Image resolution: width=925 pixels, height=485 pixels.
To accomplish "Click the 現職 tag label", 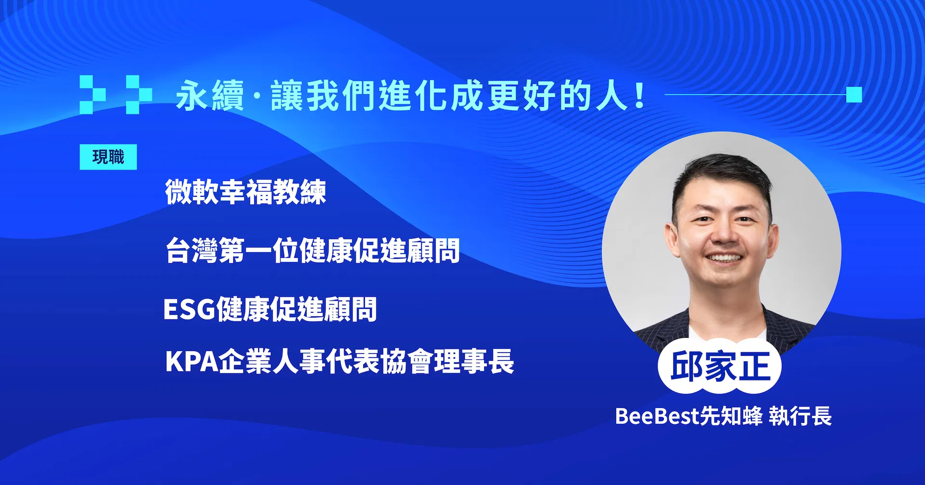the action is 108,157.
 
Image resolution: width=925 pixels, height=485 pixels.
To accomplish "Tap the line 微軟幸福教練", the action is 246,191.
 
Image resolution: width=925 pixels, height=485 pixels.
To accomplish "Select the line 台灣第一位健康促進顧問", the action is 313,250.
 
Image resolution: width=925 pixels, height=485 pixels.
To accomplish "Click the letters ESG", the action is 189,309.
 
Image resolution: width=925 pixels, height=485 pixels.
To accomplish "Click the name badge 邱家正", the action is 720,367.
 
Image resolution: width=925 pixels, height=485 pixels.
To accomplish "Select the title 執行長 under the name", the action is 800,416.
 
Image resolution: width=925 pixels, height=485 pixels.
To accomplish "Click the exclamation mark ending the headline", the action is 640,95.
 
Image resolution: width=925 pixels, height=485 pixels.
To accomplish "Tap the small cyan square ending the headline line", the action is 854,95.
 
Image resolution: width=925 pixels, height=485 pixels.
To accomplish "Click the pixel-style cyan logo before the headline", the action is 116,94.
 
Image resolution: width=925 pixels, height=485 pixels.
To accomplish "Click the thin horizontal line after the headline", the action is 755,95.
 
